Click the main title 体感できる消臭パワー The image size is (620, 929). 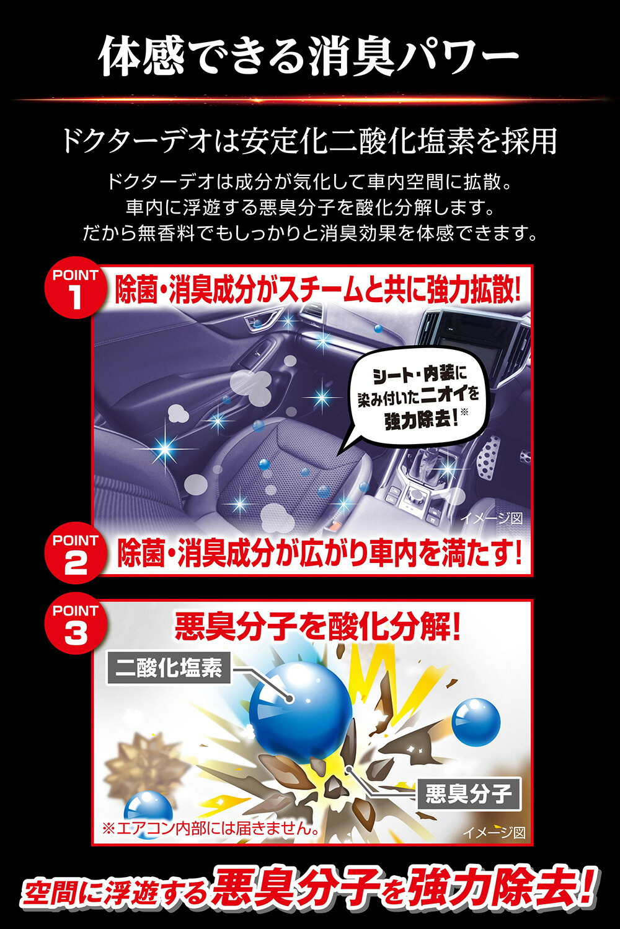point(308,56)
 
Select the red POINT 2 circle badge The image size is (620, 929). point(75,555)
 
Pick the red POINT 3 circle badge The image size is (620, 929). point(75,626)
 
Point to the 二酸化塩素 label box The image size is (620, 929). point(169,668)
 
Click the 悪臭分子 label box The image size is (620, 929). point(468,793)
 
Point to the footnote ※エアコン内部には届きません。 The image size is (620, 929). point(211,828)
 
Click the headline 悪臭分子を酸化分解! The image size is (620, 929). point(317,627)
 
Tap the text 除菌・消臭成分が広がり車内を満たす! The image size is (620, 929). point(319,553)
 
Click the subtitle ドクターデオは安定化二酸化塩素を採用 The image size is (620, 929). point(308,141)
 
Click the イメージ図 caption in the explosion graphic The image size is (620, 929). point(494,832)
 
